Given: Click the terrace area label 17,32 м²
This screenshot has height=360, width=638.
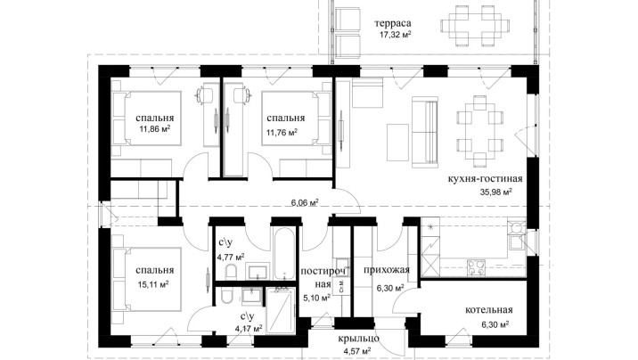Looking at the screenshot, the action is [x=395, y=35].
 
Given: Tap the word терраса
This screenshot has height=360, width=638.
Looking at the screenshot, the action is [x=393, y=23].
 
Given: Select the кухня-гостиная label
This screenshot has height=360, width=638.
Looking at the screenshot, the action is [x=485, y=178].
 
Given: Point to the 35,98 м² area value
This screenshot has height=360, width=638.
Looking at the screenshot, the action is [x=496, y=192].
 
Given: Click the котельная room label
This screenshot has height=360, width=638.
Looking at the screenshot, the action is [x=488, y=310].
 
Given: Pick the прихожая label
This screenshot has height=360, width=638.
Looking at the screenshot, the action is [x=387, y=270].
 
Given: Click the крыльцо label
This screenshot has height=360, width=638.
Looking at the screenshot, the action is [x=358, y=339].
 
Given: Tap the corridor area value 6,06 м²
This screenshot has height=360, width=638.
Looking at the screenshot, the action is [x=304, y=201].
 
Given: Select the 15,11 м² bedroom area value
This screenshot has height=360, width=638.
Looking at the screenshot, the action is [x=153, y=284].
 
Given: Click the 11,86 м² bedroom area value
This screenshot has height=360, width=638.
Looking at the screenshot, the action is [x=154, y=130].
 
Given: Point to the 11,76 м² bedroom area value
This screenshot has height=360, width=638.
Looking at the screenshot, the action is [x=282, y=132].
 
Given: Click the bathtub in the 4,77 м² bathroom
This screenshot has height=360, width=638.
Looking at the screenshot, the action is [x=284, y=253].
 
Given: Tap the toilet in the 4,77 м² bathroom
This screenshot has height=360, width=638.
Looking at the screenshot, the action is [x=231, y=271].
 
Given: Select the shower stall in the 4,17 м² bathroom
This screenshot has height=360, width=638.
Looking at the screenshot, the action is [x=281, y=310].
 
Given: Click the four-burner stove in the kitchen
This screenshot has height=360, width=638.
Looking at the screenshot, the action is [x=476, y=266].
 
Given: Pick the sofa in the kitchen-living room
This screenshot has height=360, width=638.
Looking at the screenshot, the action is [x=425, y=132].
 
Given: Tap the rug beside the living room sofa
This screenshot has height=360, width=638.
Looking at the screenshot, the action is [x=397, y=143].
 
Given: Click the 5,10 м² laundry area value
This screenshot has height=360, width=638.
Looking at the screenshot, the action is [x=316, y=299].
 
